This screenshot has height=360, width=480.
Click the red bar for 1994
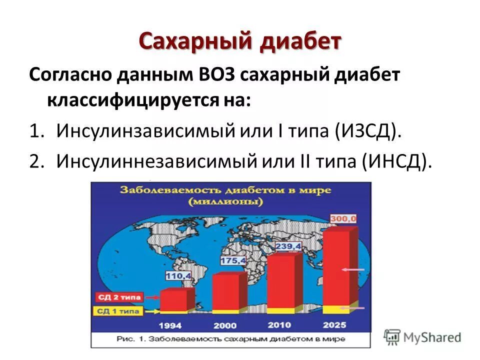[176, 300]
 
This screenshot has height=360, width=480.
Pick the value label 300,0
[343, 218]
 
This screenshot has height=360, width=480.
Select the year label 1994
[170, 325]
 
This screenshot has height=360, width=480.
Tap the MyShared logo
[422, 336]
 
